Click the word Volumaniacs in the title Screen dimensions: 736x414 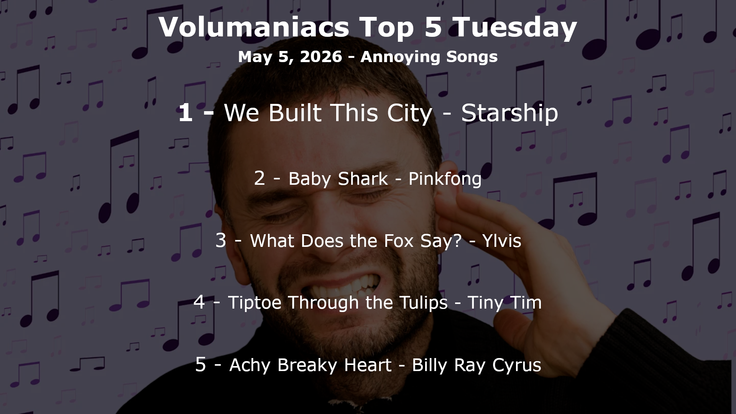[253, 27]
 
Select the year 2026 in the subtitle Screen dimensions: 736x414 [321, 57]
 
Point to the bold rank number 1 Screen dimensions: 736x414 [186, 113]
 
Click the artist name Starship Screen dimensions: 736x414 [509, 113]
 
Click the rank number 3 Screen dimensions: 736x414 [221, 240]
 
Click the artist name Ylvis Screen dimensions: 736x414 [502, 241]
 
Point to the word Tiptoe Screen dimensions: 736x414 [256, 303]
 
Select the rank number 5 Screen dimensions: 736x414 [200, 364]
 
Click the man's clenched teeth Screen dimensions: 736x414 [337, 286]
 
